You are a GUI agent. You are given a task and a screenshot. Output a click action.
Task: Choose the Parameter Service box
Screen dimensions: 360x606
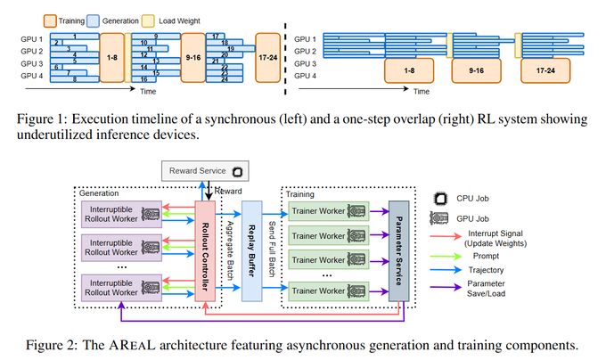(398, 249)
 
